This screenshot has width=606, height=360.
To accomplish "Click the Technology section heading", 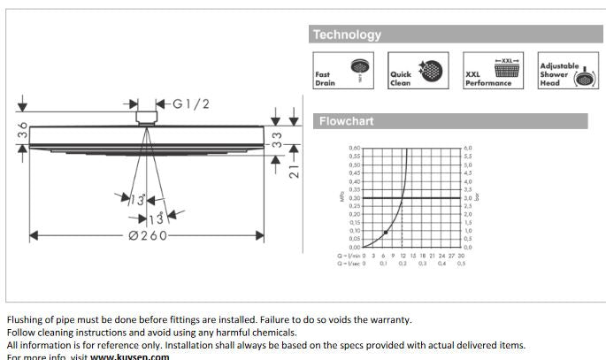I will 347,34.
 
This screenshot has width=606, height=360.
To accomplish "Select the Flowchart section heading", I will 346,120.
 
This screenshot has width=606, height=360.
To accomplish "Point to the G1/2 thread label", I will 190,103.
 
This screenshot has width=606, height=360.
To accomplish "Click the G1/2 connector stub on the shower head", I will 146,116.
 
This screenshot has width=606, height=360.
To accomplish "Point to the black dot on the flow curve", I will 386,233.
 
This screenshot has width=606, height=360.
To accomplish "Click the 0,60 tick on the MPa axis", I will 355,149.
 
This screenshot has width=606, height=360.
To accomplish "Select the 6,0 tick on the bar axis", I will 468,149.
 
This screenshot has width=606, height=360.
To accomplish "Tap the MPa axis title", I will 341,197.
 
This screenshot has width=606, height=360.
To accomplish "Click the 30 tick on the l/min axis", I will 461,256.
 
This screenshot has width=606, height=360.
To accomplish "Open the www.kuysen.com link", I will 129,356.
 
